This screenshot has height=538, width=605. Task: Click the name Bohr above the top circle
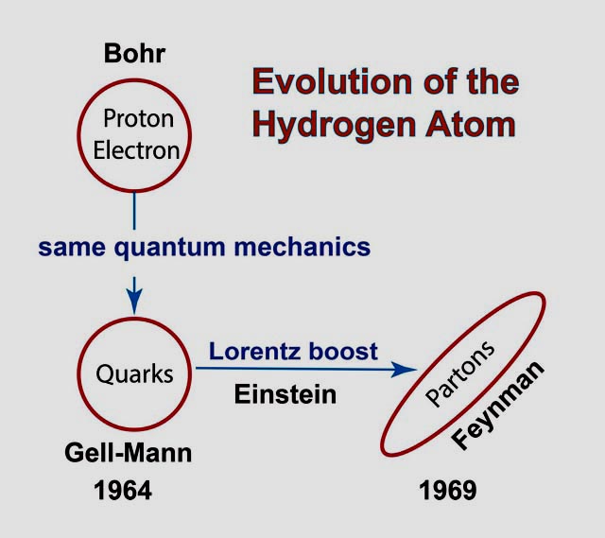click(x=134, y=53)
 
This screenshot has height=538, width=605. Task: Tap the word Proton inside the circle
click(x=139, y=118)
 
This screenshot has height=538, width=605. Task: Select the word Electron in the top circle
click(x=136, y=150)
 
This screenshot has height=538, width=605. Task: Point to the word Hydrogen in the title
click(x=334, y=126)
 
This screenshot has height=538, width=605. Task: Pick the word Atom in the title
click(x=471, y=124)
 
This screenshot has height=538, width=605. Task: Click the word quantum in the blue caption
click(x=169, y=248)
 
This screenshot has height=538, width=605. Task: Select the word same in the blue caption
click(x=72, y=248)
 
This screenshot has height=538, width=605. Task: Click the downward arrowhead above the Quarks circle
click(x=134, y=301)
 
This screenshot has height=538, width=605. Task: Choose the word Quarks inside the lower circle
click(x=134, y=374)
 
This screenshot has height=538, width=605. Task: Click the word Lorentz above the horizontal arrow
click(x=254, y=351)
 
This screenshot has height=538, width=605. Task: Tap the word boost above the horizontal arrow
click(x=343, y=351)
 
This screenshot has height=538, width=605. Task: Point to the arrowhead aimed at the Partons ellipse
click(x=404, y=370)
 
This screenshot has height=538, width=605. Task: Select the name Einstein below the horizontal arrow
click(x=285, y=394)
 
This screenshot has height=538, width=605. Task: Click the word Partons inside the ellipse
click(x=460, y=374)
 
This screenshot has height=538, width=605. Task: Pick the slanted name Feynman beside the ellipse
click(x=498, y=406)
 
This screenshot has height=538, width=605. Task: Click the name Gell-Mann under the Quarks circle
click(x=129, y=452)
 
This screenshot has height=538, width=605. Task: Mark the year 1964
click(x=123, y=491)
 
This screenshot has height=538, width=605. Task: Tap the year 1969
click(x=447, y=491)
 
